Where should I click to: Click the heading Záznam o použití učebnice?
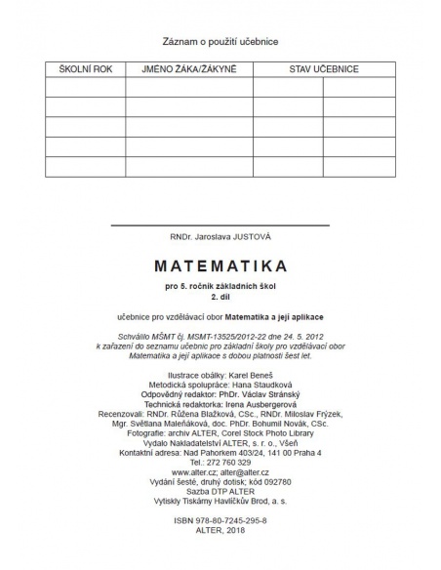tap(220, 43)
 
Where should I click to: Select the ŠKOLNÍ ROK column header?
tap(85, 69)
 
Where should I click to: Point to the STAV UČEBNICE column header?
tap(323, 69)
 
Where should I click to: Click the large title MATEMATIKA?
tap(220, 265)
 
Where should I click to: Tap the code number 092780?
tap(283, 483)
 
